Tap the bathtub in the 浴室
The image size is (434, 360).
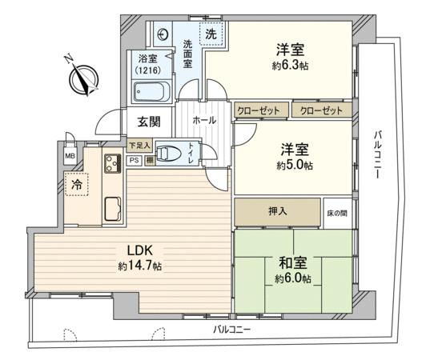151,91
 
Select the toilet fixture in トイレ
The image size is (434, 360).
168,153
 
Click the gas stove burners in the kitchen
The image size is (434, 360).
113,163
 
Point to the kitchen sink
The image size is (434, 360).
113,209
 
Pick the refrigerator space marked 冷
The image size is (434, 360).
77,185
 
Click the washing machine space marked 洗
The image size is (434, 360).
211,34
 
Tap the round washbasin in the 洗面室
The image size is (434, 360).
163,35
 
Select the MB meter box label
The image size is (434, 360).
70,156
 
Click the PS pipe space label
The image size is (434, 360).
135,160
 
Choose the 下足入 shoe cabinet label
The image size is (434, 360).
140,146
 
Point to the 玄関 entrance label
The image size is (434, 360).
149,122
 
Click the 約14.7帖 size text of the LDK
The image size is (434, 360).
140,266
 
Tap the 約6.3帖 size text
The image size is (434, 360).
291,66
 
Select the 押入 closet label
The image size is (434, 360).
278,211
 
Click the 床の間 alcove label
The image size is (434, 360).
337,213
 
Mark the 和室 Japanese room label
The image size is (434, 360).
293,262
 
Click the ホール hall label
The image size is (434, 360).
204,120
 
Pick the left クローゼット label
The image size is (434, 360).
259,111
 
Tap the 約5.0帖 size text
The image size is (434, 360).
295,166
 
